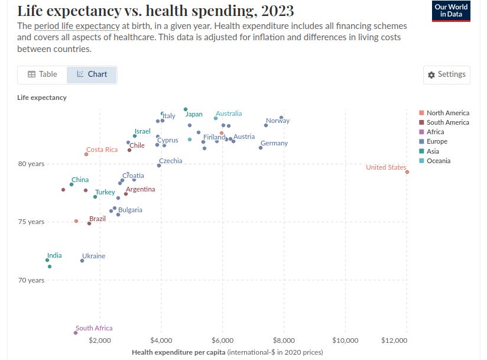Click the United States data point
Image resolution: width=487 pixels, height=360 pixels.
click(407, 172)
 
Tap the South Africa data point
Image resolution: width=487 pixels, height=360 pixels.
click(75, 333)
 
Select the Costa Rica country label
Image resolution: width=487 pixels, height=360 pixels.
click(102, 150)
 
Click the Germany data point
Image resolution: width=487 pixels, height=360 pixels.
click(261, 148)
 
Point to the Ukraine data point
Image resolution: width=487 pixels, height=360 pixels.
click(82, 261)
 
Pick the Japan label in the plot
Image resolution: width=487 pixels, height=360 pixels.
click(194, 114)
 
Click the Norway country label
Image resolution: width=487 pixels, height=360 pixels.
click(278, 121)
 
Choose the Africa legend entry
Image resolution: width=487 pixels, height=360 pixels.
click(436, 132)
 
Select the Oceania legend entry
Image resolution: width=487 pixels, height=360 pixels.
click(438, 161)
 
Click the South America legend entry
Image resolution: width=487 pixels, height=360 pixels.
click(447, 122)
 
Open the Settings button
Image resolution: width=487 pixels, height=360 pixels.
click(447, 74)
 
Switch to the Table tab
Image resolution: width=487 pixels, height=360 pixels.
click(43, 74)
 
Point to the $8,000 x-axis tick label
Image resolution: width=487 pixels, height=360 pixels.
click(284, 341)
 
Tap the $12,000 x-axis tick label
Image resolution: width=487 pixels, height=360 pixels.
click(394, 341)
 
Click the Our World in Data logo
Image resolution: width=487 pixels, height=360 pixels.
click(451, 11)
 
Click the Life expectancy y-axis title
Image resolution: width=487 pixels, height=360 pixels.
click(42, 98)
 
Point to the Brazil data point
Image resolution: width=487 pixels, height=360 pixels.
click(89, 223)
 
